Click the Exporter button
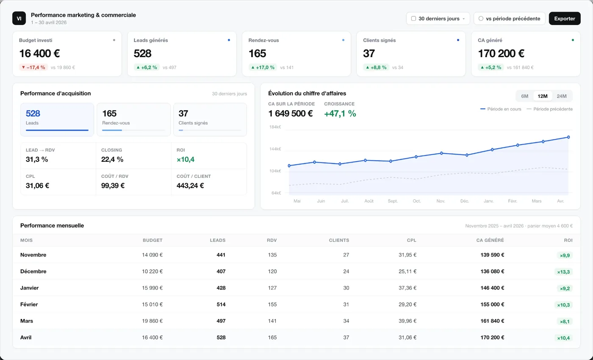coord(564,19)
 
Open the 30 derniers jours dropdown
coord(438,19)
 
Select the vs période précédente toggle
coord(509,19)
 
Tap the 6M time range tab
coord(524,96)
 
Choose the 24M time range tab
coord(562,96)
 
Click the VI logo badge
coord(19,18)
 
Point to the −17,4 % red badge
coord(33,67)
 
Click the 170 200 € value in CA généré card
coord(501,53)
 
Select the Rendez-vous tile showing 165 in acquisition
coord(134,119)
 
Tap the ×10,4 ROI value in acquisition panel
coord(186,159)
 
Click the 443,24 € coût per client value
coord(190,186)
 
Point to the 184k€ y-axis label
coord(275,127)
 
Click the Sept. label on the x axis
coord(393,201)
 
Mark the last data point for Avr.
coord(568,137)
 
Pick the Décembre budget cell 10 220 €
coord(152,271)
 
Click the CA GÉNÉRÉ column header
coord(490,241)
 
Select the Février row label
coord(29,305)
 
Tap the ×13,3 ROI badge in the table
coord(563,272)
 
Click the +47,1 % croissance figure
coord(340,114)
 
